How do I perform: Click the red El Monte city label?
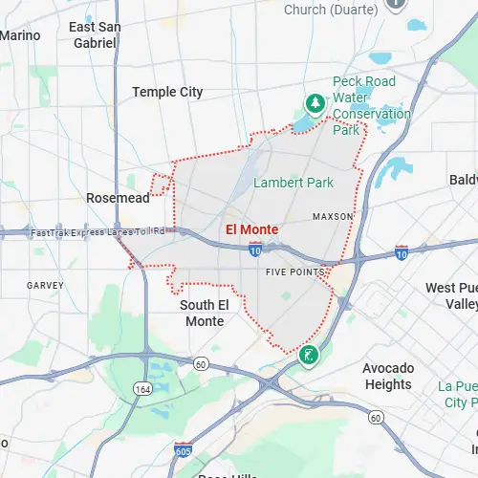pos(252,229)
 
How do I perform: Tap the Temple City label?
pos(167,92)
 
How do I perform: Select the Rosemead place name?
pos(118,197)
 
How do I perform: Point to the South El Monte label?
pos(202,313)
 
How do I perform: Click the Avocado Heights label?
pos(388,376)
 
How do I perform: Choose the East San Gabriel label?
pos(95,35)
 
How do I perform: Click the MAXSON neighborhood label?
pos(333,217)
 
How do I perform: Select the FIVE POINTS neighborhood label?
pos(289,273)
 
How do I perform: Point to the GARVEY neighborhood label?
pos(45,285)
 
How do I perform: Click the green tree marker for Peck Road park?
pos(313,102)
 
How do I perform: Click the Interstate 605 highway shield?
pos(183,450)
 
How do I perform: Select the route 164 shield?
pos(142,388)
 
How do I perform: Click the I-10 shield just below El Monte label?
pos(255,250)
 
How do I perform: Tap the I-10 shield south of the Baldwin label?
pos(402,253)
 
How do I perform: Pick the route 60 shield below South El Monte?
pos(201,363)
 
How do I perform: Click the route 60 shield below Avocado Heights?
pos(376,418)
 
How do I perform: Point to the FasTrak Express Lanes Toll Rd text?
pos(98,232)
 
